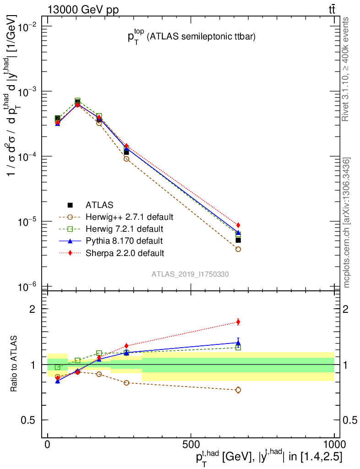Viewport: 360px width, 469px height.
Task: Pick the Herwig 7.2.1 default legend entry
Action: coord(124,228)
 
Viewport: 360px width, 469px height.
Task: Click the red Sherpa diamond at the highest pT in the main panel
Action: coord(238,225)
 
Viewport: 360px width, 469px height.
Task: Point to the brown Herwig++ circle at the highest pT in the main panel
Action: coord(238,249)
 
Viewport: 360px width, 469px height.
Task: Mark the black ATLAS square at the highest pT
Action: coord(238,240)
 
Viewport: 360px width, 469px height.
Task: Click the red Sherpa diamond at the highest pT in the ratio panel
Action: coord(238,322)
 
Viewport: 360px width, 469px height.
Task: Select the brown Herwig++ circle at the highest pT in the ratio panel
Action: coord(238,390)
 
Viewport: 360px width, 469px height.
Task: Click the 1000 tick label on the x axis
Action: coord(334,444)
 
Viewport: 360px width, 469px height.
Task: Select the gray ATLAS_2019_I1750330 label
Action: coord(191,274)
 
